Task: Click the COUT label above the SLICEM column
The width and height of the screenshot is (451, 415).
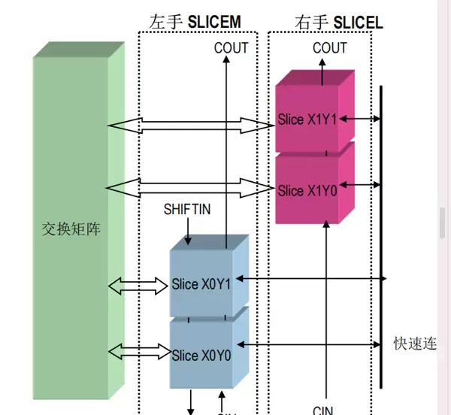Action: tap(231, 48)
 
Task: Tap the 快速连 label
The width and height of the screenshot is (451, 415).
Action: tap(415, 344)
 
